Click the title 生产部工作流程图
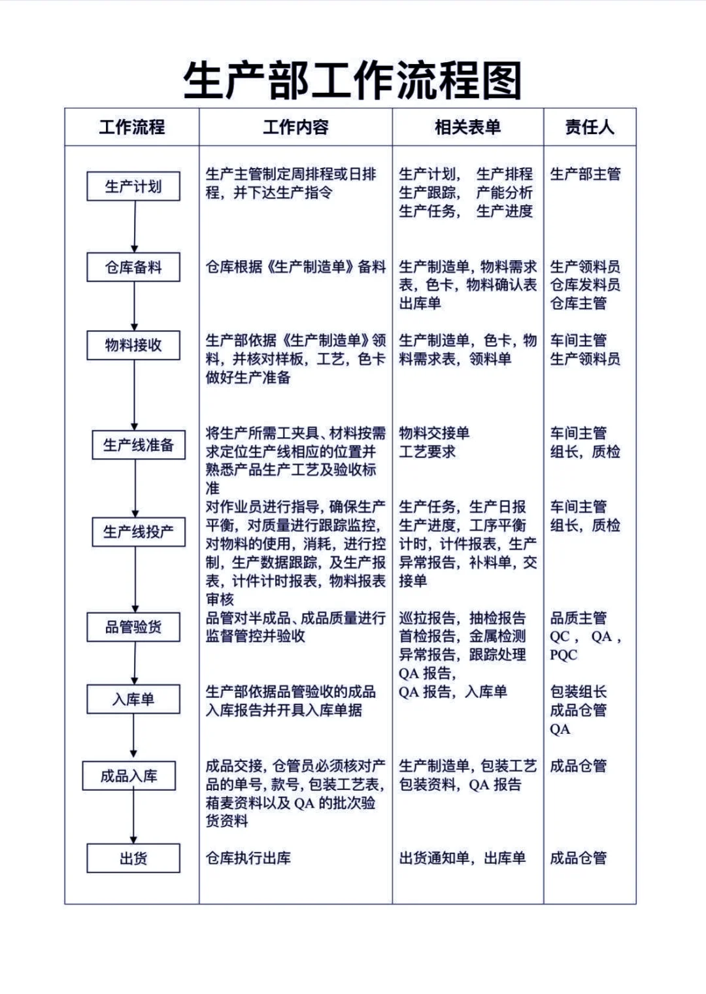(352, 81)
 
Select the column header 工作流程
(132, 127)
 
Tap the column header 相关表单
(467, 127)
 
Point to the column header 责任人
(590, 127)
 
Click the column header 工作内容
(295, 127)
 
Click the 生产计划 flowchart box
(133, 186)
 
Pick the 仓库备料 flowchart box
(133, 267)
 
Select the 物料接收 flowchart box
(133, 345)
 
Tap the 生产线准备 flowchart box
(138, 445)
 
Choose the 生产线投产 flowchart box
(138, 531)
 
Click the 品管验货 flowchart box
(133, 627)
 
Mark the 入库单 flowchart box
(133, 699)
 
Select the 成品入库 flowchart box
(129, 776)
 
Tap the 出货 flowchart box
(133, 858)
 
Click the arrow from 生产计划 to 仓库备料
(134, 226)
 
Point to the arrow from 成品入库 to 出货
(133, 817)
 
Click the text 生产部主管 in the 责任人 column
(585, 174)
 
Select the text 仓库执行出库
(248, 858)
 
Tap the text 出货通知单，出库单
(462, 858)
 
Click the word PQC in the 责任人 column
(563, 655)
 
